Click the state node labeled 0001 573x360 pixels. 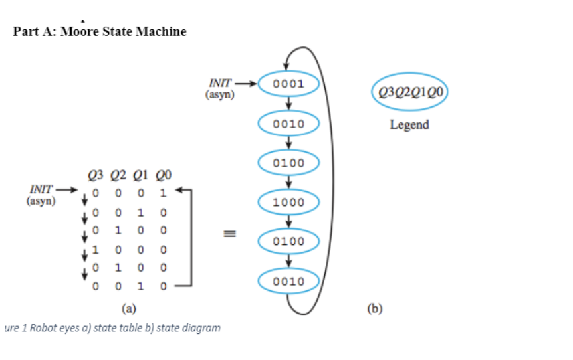[288, 84]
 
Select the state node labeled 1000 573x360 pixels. [288, 203]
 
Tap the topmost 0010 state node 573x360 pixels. [288, 124]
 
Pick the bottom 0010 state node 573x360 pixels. [288, 281]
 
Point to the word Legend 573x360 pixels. [409, 124]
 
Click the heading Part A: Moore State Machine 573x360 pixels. [100, 31]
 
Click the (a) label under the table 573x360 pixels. [129, 308]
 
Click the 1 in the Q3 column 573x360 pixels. [96, 252]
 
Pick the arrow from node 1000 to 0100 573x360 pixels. [288, 222]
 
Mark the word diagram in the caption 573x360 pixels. [201, 328]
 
